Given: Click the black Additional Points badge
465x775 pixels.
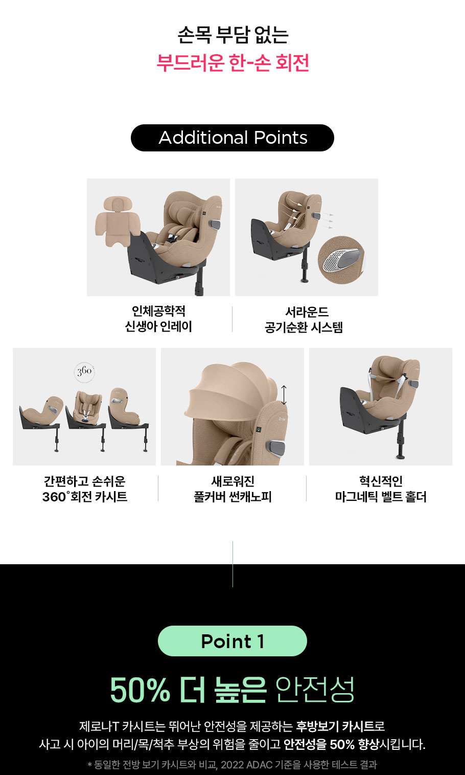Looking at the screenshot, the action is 232,138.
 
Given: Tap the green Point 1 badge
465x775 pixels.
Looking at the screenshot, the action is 232,641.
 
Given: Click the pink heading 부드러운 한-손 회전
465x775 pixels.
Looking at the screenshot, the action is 232,62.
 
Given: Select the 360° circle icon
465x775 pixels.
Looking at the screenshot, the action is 84,372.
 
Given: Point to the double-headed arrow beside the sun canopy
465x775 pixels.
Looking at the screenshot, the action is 284,395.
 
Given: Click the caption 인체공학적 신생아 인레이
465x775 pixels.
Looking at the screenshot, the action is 158,319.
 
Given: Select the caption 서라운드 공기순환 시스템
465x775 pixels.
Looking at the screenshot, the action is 304,319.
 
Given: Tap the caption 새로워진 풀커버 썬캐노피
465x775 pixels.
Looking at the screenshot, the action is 232,489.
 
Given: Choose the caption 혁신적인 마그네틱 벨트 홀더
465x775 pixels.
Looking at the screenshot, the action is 380,489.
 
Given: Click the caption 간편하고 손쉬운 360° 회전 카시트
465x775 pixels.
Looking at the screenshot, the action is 85,489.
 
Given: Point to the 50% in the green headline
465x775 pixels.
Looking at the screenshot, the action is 140,689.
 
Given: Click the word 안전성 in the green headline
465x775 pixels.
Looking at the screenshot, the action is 315,689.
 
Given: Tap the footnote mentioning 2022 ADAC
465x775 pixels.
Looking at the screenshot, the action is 232,764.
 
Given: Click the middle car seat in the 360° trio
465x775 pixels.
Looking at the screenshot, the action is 85,420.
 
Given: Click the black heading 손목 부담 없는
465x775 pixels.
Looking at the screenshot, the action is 233,35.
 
